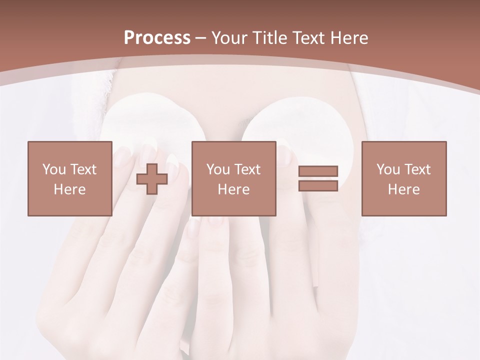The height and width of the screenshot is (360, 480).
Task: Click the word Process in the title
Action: (x=157, y=38)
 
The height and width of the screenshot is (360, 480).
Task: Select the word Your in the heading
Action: (x=231, y=38)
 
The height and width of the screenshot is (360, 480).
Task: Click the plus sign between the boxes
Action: (x=152, y=178)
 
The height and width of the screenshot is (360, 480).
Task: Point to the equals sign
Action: (x=318, y=178)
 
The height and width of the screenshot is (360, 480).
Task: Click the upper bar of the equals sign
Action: (x=318, y=171)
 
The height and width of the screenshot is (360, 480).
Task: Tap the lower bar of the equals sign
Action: (x=318, y=185)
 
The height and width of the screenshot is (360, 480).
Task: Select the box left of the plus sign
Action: (x=70, y=178)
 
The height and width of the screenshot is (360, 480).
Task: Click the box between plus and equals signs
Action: (x=233, y=178)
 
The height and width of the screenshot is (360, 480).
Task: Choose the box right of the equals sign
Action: (x=404, y=178)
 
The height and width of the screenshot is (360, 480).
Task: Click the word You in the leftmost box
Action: (x=54, y=169)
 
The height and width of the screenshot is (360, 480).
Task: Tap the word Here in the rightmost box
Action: (x=404, y=189)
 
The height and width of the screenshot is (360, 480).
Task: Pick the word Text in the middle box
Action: (x=247, y=169)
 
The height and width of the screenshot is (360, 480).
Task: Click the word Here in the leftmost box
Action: (x=70, y=189)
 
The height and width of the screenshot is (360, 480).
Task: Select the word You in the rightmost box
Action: (x=388, y=169)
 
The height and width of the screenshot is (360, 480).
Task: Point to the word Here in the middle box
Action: (x=233, y=189)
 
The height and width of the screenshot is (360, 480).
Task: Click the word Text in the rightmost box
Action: (x=417, y=169)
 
